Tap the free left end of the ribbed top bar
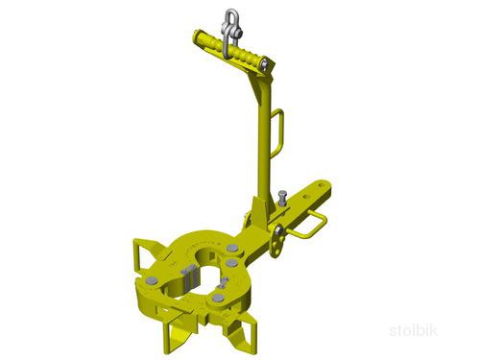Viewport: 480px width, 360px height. coord(197,34)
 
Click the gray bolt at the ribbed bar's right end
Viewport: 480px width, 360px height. coord(264,64)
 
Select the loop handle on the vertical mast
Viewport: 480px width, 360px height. coord(278,132)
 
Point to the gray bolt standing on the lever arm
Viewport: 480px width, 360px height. coord(282,199)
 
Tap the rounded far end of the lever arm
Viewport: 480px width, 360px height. coord(324,187)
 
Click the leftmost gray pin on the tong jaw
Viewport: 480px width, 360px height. coord(151,281)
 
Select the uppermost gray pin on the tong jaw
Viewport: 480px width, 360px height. coord(231,248)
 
